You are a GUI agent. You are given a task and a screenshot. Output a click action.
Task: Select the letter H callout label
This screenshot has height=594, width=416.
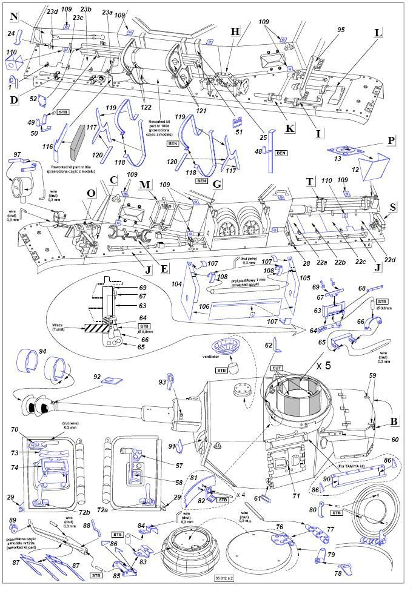click(236, 31)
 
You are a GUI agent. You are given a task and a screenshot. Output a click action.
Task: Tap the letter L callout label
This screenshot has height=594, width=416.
click(378, 33)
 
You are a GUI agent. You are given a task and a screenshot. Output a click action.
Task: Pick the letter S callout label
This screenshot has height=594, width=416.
click(394, 207)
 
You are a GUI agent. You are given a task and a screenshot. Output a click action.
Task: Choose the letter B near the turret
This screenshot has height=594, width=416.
click(394, 421)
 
